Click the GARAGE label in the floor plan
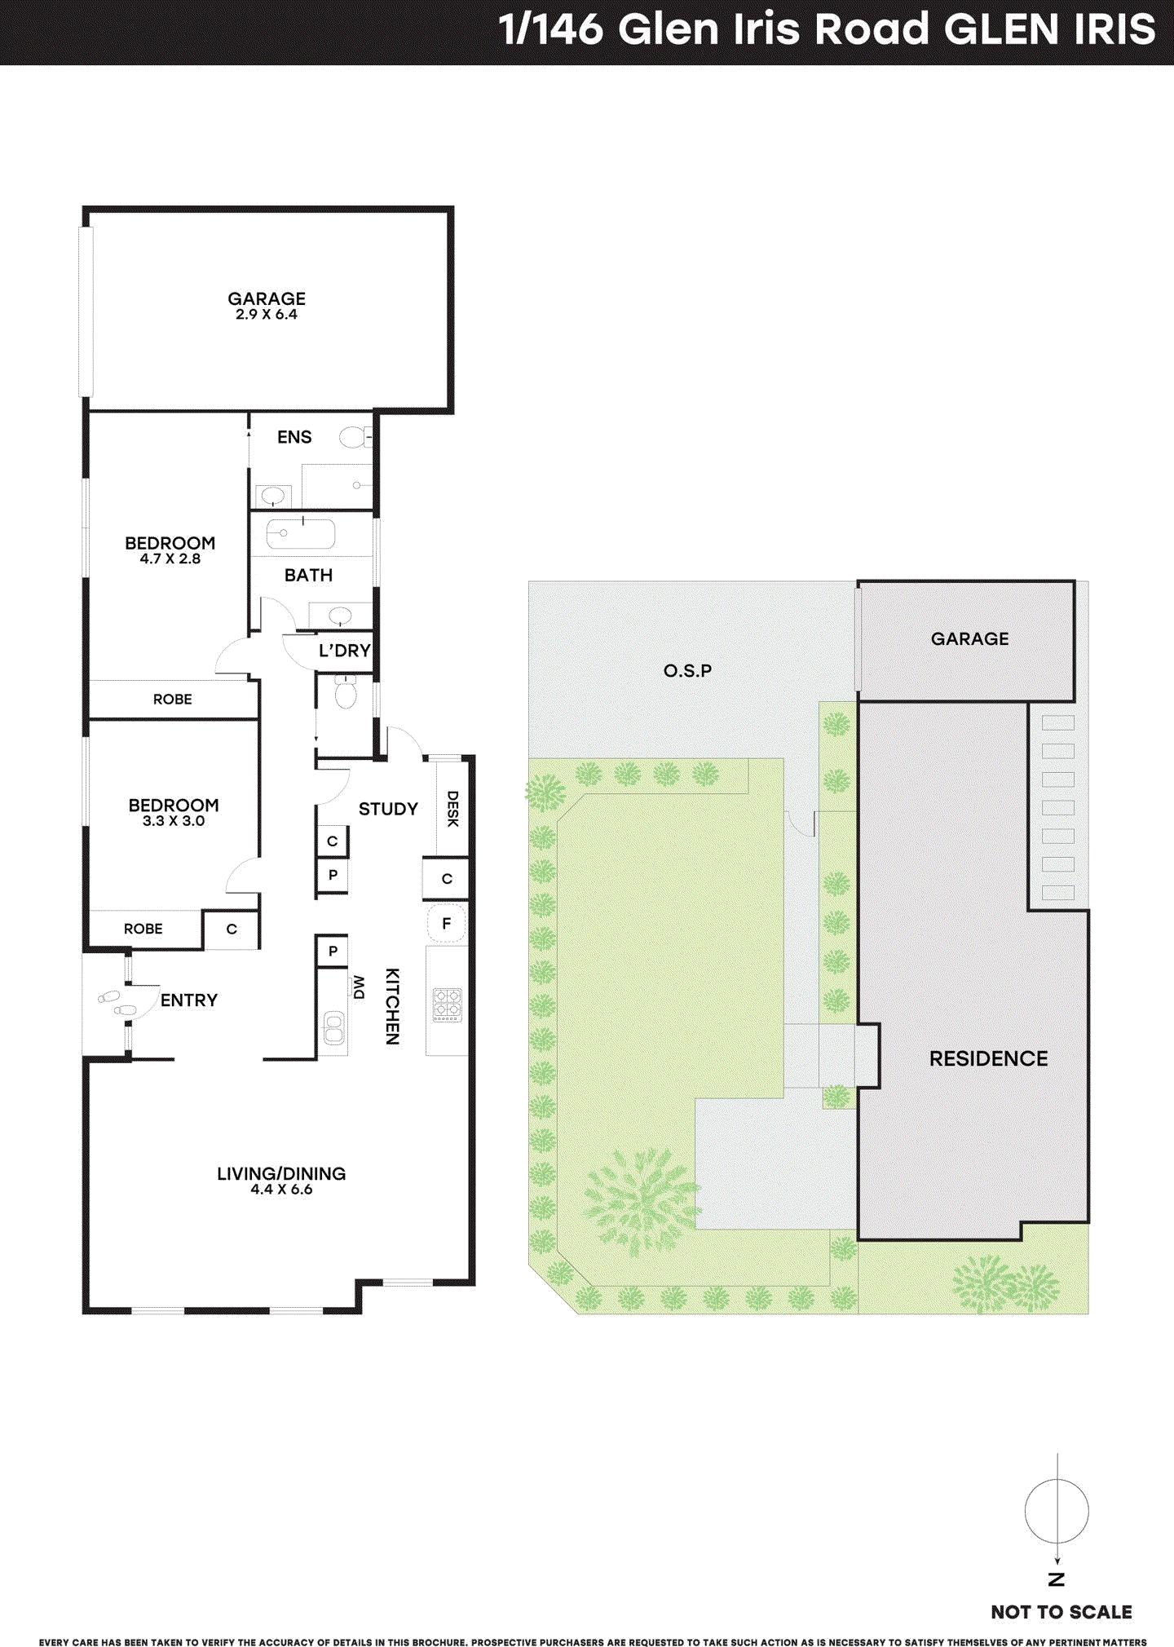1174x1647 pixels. coord(267,298)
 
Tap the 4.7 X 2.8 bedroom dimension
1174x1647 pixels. coord(170,559)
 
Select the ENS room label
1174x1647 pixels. coord(294,437)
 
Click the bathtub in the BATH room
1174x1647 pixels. coord(300,534)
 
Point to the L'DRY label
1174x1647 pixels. coord(344,651)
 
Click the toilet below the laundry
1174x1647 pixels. coord(346,693)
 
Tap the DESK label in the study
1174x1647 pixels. coord(452,809)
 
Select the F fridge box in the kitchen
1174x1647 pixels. coord(446,924)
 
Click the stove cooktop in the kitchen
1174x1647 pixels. coord(447,1005)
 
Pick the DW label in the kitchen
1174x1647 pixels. coord(358,987)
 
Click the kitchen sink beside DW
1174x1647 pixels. coord(333,1027)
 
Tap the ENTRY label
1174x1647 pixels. coord(188,1000)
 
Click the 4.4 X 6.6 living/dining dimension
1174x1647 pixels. coord(281,1190)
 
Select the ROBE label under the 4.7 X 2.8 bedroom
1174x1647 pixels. coord(173,700)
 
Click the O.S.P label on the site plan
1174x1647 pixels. coord(687,671)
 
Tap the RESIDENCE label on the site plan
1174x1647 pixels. coord(988,1058)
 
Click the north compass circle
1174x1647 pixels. coord(1057,1511)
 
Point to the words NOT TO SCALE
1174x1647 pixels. coord(1061,1612)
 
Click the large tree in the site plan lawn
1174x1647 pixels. coord(642,1199)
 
